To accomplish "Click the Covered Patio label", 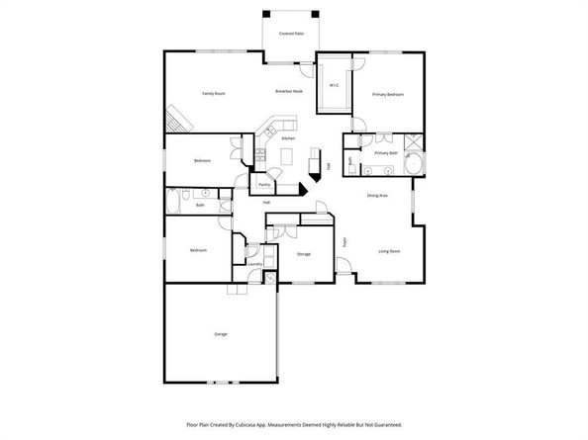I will coord(291,33).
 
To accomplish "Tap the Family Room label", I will coord(215,93).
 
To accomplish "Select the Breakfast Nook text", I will coord(288,91).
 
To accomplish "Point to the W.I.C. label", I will coord(335,85).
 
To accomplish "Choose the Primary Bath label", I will coord(386,153).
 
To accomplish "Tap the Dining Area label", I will coord(377,196).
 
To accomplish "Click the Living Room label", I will coord(389,251).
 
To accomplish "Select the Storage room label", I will coord(304,254).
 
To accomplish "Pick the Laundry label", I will coord(254,264).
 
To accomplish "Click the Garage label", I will coord(221,334).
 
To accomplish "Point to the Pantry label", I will coord(264,184).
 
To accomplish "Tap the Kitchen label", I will coord(288,138).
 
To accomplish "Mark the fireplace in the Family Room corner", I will coord(176,120).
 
